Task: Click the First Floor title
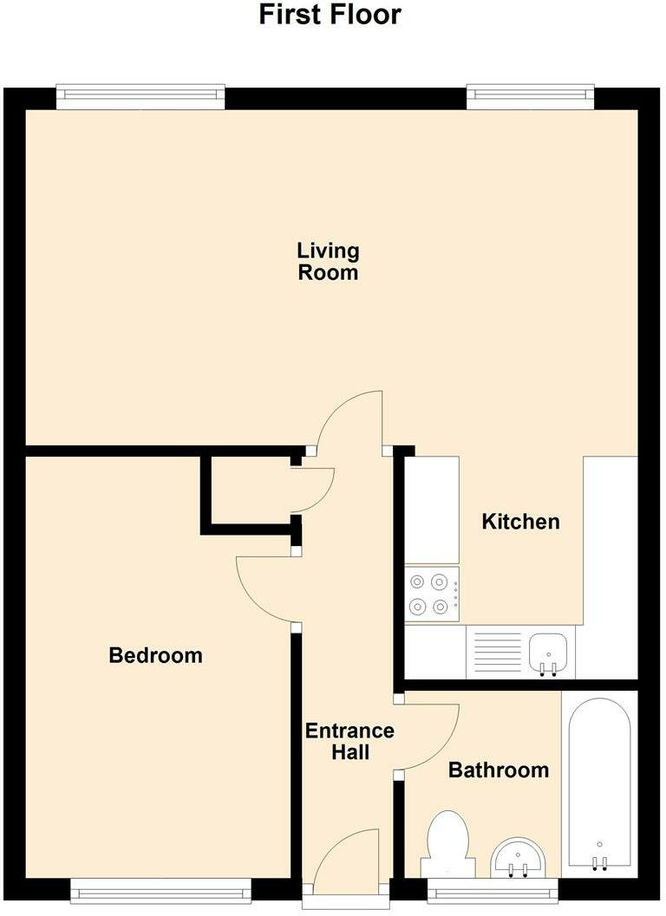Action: coord(330,15)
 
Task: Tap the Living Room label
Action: coord(328,262)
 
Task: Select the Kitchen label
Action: coord(520,523)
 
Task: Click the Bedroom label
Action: coord(155,655)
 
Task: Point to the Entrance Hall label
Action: coord(349,741)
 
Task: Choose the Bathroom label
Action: coord(498,770)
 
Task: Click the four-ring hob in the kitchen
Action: coord(432,594)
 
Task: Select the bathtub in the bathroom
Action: coord(599,780)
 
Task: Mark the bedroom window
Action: coord(160,889)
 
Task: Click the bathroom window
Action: coord(493,889)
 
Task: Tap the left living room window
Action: coord(140,97)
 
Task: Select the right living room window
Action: coord(530,97)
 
